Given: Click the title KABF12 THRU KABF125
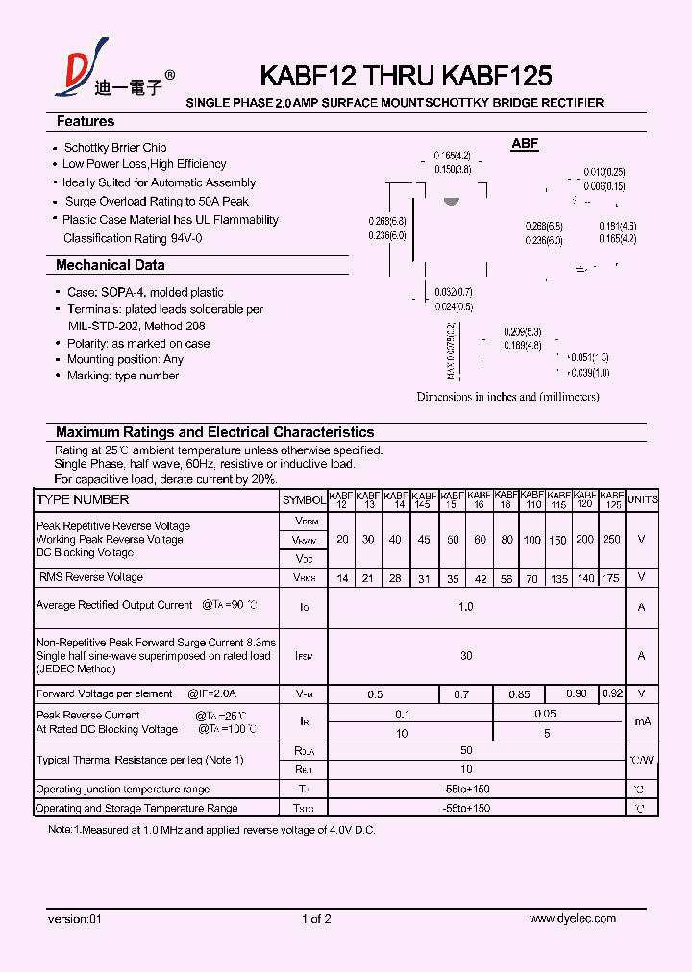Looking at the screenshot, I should click(406, 76).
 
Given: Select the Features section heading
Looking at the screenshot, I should click(85, 122).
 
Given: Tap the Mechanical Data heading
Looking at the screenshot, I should click(110, 265).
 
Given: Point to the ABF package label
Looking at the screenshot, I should click(525, 144).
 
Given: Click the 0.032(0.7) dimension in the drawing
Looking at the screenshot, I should click(454, 291).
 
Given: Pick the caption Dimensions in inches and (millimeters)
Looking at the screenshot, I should click(507, 397).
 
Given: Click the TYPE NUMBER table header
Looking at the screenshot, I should click(82, 499).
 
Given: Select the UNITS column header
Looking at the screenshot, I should click(642, 499).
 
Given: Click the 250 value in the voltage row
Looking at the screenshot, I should click(611, 540).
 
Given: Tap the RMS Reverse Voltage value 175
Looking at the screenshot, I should click(611, 577).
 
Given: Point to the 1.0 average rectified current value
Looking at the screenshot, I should click(466, 607).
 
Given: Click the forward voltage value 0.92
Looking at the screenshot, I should click(611, 693).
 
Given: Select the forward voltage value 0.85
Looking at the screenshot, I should click(519, 693).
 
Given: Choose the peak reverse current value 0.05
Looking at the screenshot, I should click(546, 715).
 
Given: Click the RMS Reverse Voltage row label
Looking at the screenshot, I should click(90, 577).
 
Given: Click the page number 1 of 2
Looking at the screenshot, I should click(316, 919).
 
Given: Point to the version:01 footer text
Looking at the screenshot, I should click(74, 919).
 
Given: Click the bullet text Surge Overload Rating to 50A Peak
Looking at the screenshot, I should click(157, 202).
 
